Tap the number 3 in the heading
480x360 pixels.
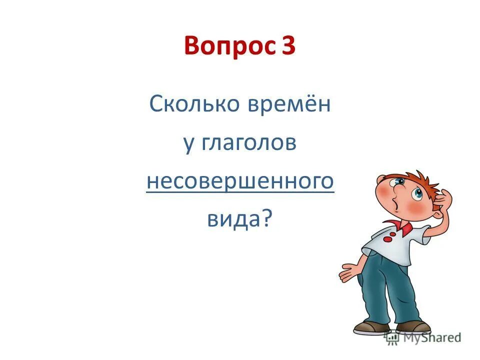(288, 47)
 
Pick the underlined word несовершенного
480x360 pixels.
(240, 181)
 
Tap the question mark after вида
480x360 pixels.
(267, 218)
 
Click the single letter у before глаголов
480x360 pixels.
(188, 145)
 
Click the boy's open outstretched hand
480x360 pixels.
(349, 272)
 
